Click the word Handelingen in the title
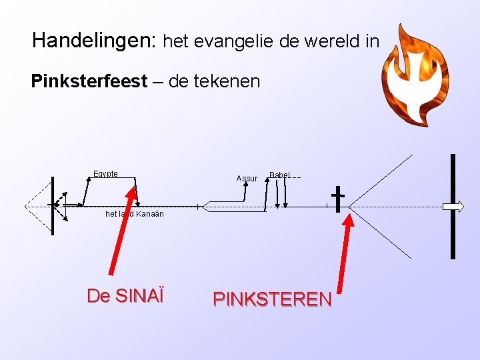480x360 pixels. tap(93, 41)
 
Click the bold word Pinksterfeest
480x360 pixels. tap(89, 82)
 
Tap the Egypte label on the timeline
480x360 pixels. tap(106, 174)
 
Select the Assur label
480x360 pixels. tap(247, 179)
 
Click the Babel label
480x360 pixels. tap(279, 175)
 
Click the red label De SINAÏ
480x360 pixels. tap(125, 295)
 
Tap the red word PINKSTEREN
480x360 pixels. tap(272, 299)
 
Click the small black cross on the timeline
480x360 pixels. tap(338, 198)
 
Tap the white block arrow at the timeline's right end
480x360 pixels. tap(454, 207)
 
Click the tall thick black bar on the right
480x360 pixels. tap(453, 206)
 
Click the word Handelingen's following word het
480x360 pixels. tap(175, 42)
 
